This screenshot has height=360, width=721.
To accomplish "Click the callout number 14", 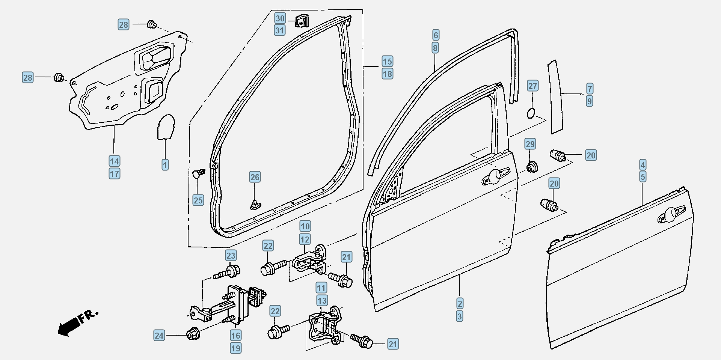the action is click(115, 161).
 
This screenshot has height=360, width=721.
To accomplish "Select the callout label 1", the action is click(165, 165).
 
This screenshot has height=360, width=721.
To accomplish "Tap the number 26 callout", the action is click(255, 177).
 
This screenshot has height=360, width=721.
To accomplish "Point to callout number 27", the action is click(533, 86).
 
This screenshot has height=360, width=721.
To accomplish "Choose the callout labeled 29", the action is click(530, 144).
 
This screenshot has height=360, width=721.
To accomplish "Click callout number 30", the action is click(280, 18).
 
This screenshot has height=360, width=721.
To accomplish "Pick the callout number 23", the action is click(231, 256).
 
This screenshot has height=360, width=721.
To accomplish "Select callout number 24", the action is click(159, 335).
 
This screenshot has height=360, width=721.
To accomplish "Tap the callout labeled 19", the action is click(235, 348).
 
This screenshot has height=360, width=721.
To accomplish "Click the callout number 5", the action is click(643, 177).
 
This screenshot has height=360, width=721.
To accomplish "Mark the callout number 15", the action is click(388, 61).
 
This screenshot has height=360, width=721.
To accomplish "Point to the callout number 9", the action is click(589, 101).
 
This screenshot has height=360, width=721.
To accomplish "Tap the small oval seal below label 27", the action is click(532, 113).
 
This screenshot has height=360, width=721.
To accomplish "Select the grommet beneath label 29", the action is click(531, 167).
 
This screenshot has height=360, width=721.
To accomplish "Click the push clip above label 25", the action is click(199, 173).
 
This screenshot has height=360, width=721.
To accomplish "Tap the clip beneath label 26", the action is click(255, 204).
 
